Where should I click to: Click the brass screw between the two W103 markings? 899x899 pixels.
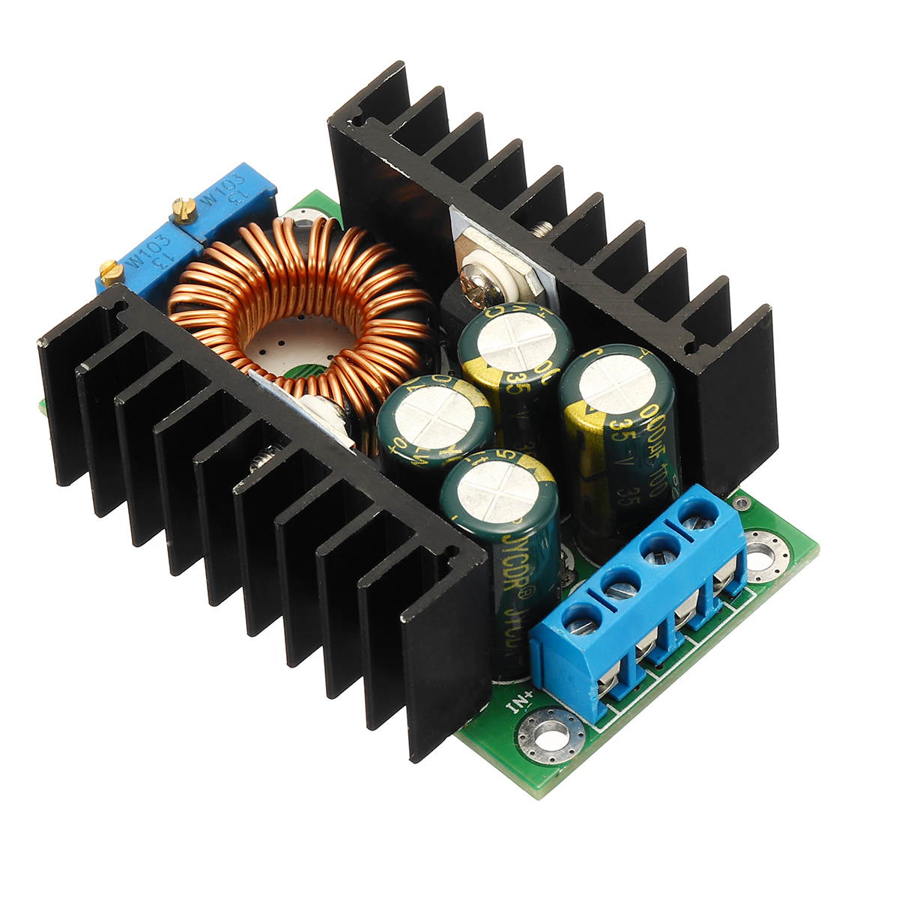point(184,211)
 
